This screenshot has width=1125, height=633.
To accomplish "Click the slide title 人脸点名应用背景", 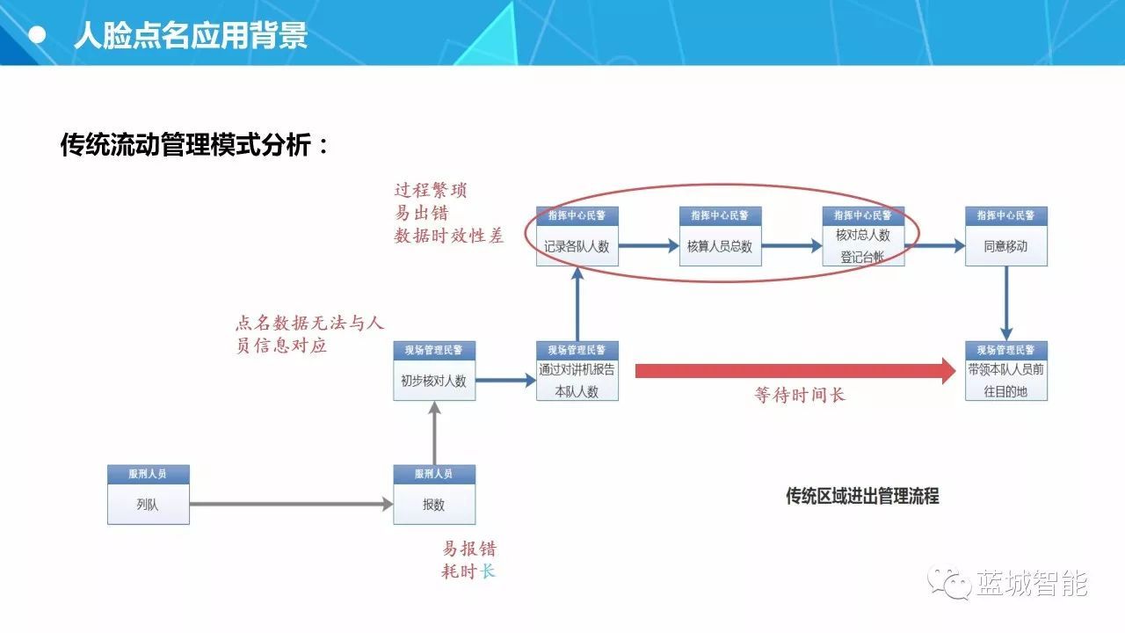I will tap(191, 35).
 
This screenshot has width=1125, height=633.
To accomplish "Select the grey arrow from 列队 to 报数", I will tap(291, 504).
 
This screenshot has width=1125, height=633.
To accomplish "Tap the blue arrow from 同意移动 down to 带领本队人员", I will tap(1005, 302).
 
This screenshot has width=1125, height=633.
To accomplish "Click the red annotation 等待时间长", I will tap(800, 396).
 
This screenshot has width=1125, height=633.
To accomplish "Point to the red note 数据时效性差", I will tap(448, 236).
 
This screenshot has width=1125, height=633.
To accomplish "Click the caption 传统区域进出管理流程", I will tap(862, 496).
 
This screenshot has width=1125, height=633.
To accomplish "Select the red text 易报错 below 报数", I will tap(468, 549).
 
